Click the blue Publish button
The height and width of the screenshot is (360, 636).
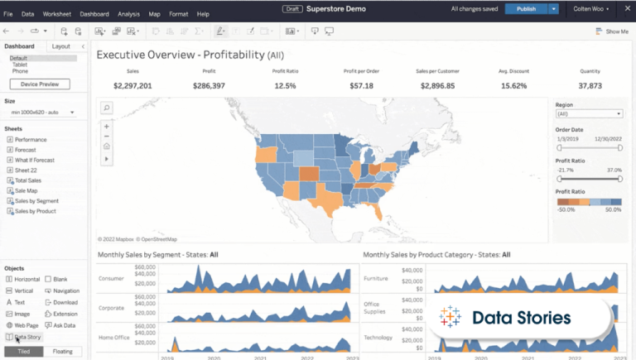point(526,8)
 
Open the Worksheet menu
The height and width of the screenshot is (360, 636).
point(57,14)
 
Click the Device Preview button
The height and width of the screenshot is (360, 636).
point(40,84)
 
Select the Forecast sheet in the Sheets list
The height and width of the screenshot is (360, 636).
point(26,150)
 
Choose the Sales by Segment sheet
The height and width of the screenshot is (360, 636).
point(36,201)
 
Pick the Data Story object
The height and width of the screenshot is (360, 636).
point(27,337)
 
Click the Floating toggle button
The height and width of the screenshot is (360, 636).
point(62,352)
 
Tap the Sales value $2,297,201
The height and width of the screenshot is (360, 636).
point(132,85)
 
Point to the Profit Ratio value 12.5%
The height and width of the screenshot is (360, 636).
point(285,85)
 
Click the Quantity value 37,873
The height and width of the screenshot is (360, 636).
point(590,85)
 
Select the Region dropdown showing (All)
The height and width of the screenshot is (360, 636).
point(589,114)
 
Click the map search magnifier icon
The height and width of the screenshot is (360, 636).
point(106,108)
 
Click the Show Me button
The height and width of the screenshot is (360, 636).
point(612,31)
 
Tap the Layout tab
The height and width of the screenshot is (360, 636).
point(60,46)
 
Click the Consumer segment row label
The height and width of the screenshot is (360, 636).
point(112,279)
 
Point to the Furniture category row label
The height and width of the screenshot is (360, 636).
point(377,279)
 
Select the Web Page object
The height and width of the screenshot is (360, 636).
point(26,325)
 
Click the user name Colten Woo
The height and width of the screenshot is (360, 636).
point(590,8)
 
